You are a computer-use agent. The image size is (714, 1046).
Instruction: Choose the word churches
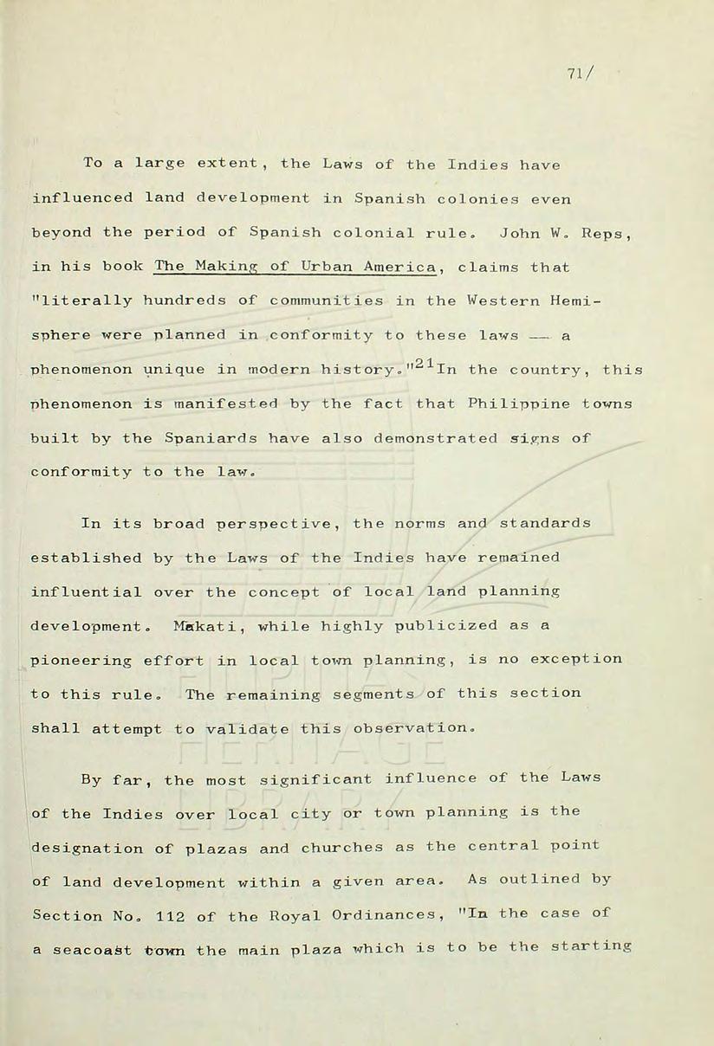(x=343, y=848)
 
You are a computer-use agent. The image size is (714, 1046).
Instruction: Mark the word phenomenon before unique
(x=82, y=370)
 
